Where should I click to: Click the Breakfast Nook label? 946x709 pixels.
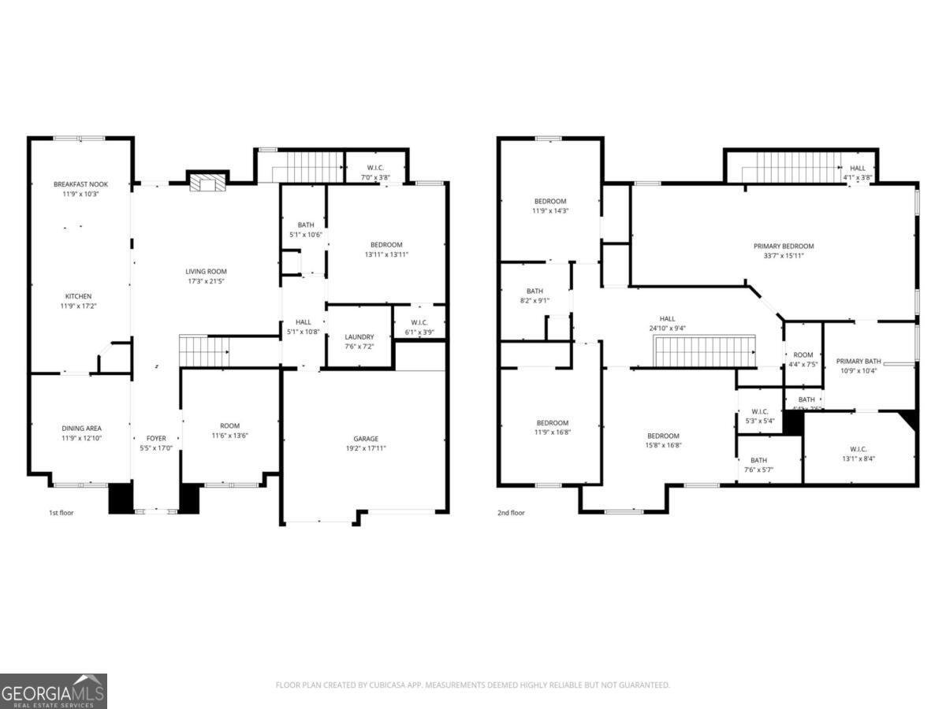80,184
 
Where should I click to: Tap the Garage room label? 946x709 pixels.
365,439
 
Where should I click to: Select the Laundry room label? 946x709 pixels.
359,337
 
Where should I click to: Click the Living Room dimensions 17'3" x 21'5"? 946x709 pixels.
206,281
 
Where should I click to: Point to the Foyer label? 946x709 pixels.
156,438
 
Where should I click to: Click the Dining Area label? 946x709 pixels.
80,429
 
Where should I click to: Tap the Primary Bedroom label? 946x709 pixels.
783,246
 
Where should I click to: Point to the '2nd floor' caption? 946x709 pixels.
511,513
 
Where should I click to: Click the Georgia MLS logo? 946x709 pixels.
53,691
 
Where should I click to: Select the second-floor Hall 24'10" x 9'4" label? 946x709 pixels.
667,318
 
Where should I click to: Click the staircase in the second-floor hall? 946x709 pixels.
705,351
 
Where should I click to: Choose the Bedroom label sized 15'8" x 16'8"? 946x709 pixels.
663,436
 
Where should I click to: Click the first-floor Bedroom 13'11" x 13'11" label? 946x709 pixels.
386,244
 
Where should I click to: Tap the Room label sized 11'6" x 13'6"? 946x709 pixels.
229,425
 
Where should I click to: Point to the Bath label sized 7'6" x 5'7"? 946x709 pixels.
758,460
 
